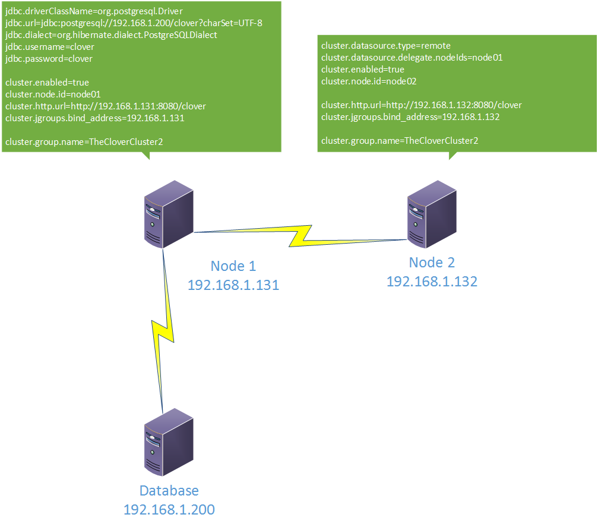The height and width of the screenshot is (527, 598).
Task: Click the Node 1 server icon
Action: (169, 214)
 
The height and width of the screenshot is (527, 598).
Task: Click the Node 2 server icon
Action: (432, 214)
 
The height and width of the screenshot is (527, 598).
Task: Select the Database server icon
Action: (169, 442)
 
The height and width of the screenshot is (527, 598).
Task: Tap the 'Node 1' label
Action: (233, 266)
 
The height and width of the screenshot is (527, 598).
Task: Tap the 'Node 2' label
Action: (432, 263)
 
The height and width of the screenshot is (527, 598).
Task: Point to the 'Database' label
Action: (169, 490)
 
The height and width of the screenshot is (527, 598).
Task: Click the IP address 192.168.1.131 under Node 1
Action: (233, 285)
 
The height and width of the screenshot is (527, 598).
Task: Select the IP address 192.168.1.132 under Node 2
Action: (432, 282)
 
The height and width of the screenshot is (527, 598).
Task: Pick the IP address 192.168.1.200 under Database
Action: (169, 509)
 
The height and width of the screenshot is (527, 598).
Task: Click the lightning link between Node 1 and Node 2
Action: (300, 236)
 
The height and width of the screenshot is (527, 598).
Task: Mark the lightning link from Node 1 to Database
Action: (163, 330)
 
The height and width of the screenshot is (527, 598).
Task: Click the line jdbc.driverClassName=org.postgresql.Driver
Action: (94, 11)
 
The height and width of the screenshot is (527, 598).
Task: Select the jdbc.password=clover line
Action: (49, 59)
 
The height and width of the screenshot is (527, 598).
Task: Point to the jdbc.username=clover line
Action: (49, 47)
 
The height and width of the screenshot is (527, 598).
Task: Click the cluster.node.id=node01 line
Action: (53, 94)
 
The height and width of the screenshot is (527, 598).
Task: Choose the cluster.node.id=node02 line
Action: (369, 81)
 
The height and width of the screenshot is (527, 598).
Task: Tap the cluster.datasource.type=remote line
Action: (386, 46)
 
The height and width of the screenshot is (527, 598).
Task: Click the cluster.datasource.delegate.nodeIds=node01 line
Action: (412, 58)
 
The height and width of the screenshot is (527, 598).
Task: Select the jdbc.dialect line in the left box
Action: (111, 35)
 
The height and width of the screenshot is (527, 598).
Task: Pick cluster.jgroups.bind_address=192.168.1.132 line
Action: (410, 117)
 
